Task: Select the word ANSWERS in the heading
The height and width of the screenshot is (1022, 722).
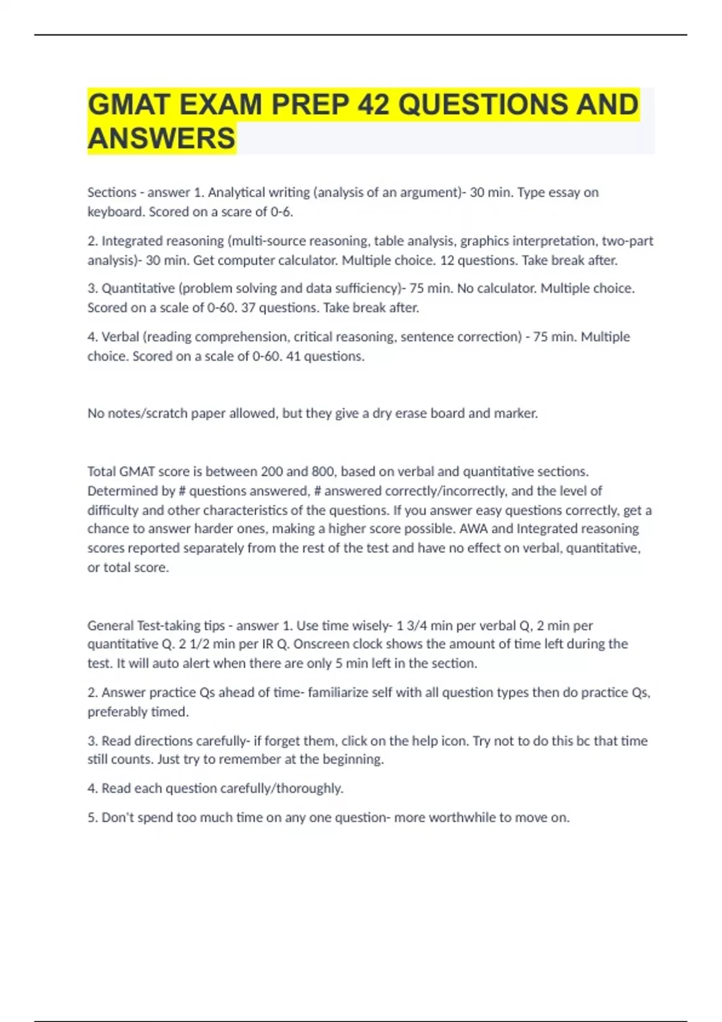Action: (161, 139)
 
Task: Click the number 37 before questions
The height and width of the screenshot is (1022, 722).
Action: (248, 308)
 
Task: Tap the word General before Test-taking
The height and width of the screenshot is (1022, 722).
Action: (110, 625)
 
